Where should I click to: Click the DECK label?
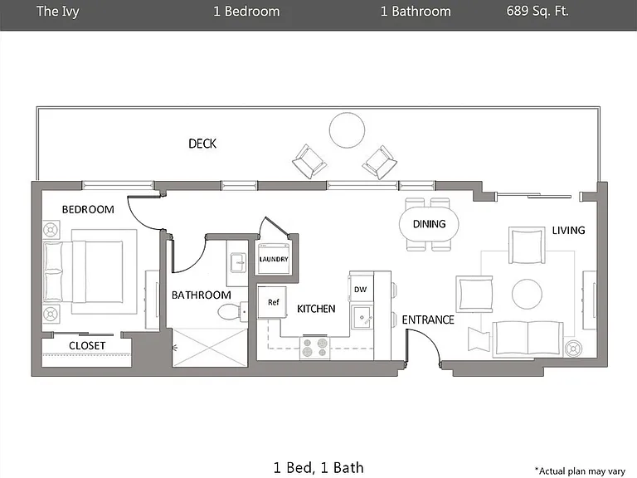pyautogui.click(x=202, y=144)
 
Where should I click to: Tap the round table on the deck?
pyautogui.click(x=347, y=130)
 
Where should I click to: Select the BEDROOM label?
pyautogui.click(x=88, y=209)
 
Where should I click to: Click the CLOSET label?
pyautogui.click(x=87, y=345)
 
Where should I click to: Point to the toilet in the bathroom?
pyautogui.click(x=232, y=312)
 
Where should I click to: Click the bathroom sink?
pyautogui.click(x=238, y=262)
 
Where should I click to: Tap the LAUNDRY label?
pyautogui.click(x=274, y=259)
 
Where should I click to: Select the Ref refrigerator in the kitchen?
pyautogui.click(x=273, y=302)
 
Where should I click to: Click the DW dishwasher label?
pyautogui.click(x=360, y=290)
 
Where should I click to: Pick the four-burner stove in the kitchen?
pyautogui.click(x=315, y=348)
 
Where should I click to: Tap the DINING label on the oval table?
pyautogui.click(x=429, y=224)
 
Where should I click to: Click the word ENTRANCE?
pyautogui.click(x=428, y=319)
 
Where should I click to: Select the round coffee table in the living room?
pyautogui.click(x=527, y=294)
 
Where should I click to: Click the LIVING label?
pyautogui.click(x=568, y=231)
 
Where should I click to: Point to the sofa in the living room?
pyautogui.click(x=528, y=339)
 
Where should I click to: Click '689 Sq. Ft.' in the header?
pyautogui.click(x=537, y=11)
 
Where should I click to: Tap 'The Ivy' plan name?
pyautogui.click(x=58, y=12)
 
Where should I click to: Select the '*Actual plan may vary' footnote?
pyautogui.click(x=580, y=471)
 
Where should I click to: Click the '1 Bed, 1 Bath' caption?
pyautogui.click(x=318, y=468)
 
